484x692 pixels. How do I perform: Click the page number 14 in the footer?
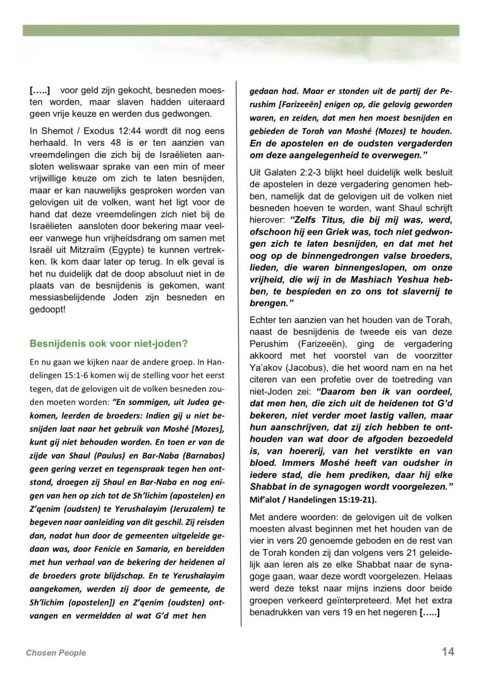pos(448,651)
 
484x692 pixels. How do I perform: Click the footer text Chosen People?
pos(56,653)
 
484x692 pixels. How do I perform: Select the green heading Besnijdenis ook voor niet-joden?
pos(109,344)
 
